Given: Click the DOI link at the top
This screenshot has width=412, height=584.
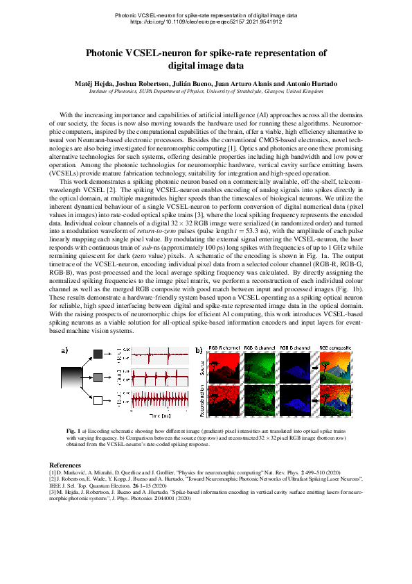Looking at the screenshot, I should point(206,22).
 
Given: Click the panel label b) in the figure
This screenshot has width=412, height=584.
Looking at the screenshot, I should point(199,350).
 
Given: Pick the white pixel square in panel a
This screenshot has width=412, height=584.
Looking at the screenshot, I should point(98,400).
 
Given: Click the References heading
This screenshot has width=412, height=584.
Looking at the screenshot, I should point(70,464).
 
